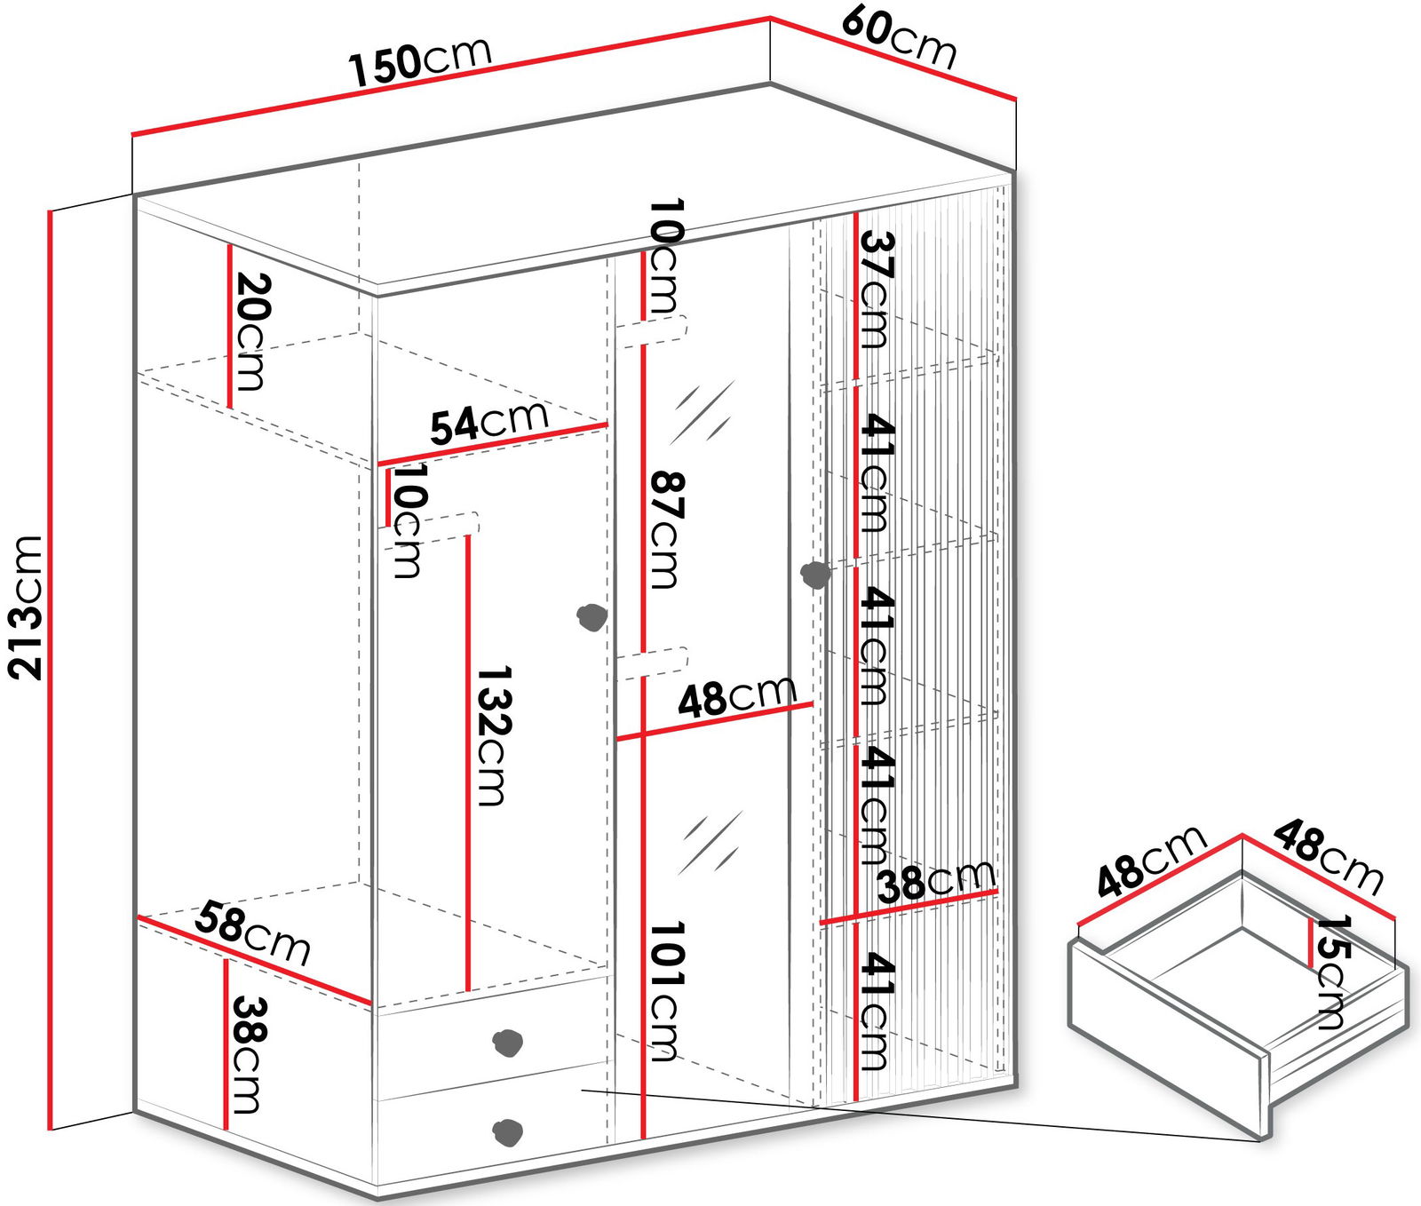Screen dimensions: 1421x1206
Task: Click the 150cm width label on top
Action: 420,61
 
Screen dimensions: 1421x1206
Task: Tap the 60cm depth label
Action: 899,36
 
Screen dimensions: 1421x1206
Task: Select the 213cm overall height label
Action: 26,607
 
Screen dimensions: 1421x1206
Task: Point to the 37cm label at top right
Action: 876,290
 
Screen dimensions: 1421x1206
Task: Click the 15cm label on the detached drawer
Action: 1333,972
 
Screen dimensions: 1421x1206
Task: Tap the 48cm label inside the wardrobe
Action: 737,695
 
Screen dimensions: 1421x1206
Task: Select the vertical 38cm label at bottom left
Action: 245,1055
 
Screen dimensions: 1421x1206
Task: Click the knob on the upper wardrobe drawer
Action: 507,1042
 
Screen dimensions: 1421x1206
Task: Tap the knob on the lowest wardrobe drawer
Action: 507,1132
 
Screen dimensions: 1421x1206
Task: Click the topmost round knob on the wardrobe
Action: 814,575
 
